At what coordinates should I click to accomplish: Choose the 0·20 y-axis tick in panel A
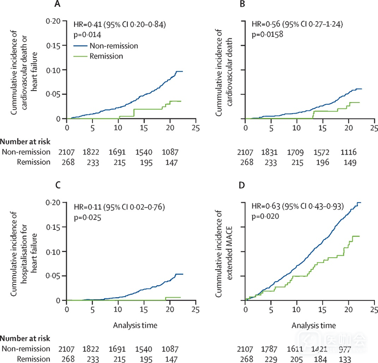(54, 21)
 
